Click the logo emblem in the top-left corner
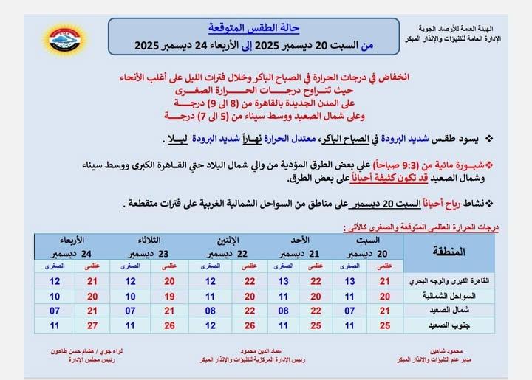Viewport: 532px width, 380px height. point(65,38)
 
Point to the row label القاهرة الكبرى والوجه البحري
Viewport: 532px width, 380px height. point(449,281)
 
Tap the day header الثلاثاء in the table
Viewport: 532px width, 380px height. point(147,241)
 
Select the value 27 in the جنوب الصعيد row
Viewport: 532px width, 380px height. point(92,325)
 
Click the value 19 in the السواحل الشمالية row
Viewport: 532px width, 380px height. point(169,296)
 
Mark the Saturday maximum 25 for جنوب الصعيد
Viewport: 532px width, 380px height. point(385,325)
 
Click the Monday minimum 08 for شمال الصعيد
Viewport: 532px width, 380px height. point(210,311)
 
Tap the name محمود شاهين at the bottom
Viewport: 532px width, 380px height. point(451,351)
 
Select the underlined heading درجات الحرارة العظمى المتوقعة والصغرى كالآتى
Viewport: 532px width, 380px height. point(422,227)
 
